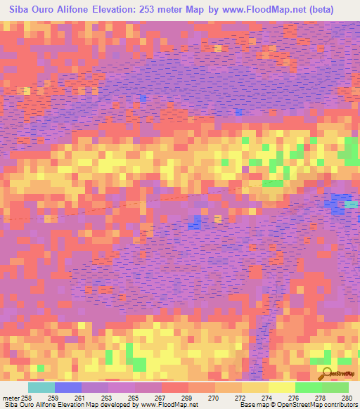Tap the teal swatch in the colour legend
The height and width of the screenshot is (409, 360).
pyautogui.click(x=41, y=387)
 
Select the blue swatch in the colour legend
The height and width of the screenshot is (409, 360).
pyautogui.click(x=68, y=387)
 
